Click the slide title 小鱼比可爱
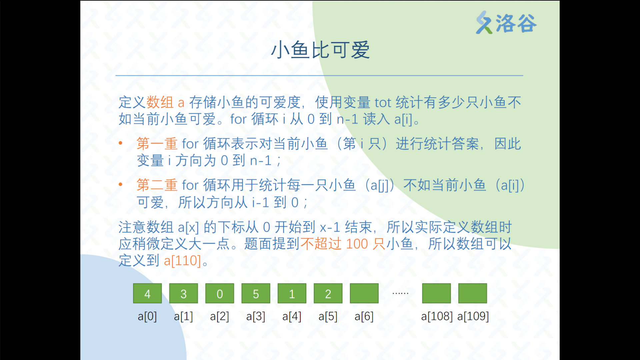320,50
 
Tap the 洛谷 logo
506,23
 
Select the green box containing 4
147,293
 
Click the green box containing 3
184,293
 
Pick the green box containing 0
220,293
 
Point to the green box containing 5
256,293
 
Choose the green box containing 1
292,293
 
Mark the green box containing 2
328,293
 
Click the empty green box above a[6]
364,293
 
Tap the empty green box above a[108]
437,293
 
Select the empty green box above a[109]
473,293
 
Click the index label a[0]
147,316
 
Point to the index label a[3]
256,316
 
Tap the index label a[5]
328,316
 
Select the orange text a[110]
182,261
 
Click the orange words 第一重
157,144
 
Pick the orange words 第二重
157,185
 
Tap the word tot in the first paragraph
383,103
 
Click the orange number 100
357,244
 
